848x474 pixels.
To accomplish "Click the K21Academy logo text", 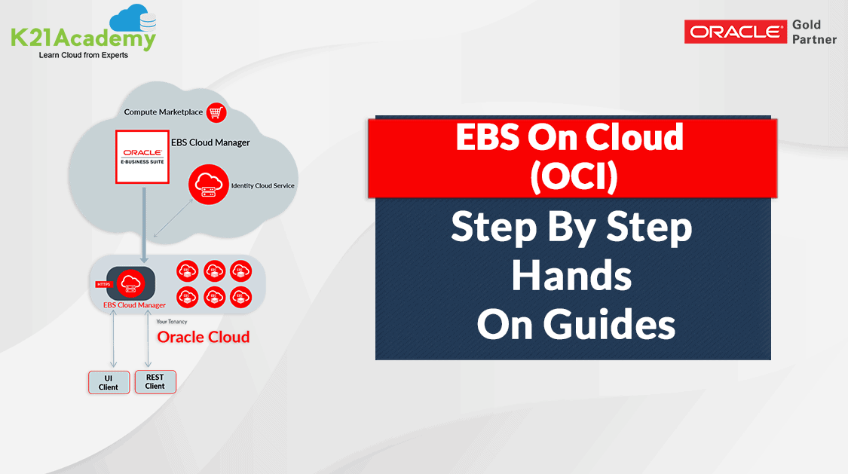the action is pyautogui.click(x=83, y=39).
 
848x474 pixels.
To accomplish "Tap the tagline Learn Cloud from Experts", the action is pyautogui.click(x=83, y=55).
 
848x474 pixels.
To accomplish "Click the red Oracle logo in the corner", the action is pyautogui.click(x=736, y=32).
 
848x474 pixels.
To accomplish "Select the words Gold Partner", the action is pyautogui.click(x=814, y=32).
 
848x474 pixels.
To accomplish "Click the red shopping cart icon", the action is pyautogui.click(x=216, y=112).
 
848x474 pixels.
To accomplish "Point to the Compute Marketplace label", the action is pyautogui.click(x=164, y=112).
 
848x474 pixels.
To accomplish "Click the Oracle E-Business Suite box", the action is pyautogui.click(x=142, y=157).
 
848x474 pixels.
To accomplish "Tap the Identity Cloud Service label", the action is pyautogui.click(x=263, y=185).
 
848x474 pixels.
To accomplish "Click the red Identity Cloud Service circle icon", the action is pyautogui.click(x=209, y=185).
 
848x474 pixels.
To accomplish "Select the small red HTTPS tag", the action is pyautogui.click(x=103, y=284).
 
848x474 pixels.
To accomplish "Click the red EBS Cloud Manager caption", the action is pyautogui.click(x=134, y=305).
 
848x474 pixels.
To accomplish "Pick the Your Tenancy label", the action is pyautogui.click(x=171, y=322).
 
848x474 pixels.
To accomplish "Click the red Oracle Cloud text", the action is pyautogui.click(x=204, y=337).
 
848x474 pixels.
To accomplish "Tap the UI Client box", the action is pyautogui.click(x=109, y=383).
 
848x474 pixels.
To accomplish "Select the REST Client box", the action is pyautogui.click(x=155, y=381).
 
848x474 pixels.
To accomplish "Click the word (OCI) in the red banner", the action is pyautogui.click(x=574, y=176).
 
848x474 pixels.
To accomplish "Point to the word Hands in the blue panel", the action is pyautogui.click(x=571, y=276).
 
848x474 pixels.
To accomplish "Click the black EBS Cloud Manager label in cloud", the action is pyautogui.click(x=210, y=142).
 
